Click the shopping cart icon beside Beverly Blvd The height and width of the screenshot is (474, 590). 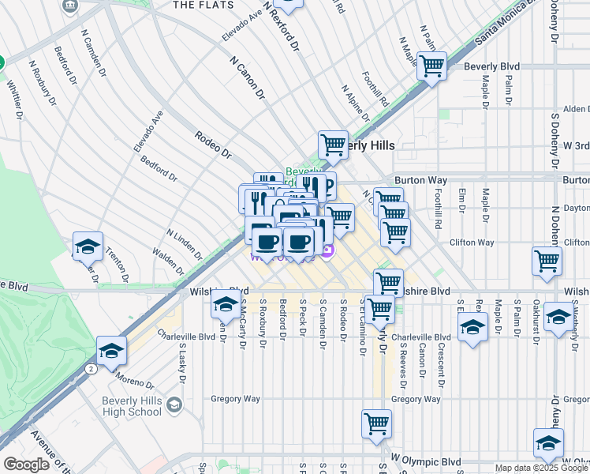click(x=431, y=66)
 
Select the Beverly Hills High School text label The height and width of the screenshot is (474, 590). click(x=132, y=406)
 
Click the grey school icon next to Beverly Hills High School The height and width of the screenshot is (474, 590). click(x=174, y=406)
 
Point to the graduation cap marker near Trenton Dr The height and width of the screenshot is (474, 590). click(x=88, y=246)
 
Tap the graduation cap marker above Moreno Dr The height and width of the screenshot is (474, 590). click(x=111, y=351)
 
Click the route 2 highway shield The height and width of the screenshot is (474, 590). click(x=93, y=369)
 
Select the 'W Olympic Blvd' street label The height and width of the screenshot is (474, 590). click(x=426, y=460)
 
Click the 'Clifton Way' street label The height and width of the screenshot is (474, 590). click(x=472, y=243)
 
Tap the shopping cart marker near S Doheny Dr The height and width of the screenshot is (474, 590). click(x=547, y=261)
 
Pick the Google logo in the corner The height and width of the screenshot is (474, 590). click(x=26, y=464)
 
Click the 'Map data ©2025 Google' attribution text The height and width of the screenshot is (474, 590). click(x=541, y=468)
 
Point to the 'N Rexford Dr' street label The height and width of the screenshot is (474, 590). click(x=282, y=25)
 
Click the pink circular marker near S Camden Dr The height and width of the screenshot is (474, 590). click(x=327, y=252)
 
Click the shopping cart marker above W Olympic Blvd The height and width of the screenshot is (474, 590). click(x=376, y=423)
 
